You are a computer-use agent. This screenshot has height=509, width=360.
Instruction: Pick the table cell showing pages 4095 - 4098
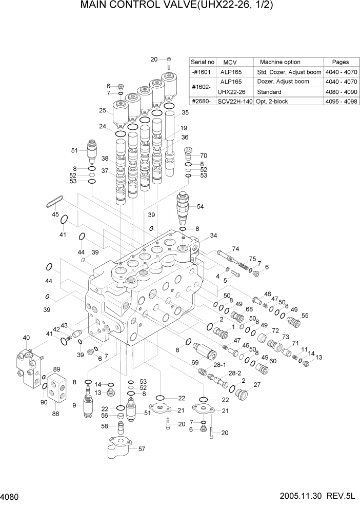click(x=341, y=102)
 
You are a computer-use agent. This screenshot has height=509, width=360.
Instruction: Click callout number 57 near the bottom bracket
click(x=142, y=448)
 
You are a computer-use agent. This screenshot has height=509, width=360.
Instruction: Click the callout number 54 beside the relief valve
click(x=200, y=206)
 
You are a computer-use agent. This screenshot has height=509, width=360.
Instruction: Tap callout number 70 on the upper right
click(x=203, y=155)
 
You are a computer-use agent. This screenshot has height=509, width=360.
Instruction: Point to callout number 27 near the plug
click(x=257, y=384)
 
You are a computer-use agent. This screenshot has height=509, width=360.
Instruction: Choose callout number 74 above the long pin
click(x=235, y=248)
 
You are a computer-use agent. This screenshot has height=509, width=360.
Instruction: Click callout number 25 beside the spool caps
click(x=103, y=110)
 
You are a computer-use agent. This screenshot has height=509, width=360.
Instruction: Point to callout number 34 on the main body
click(x=213, y=236)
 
